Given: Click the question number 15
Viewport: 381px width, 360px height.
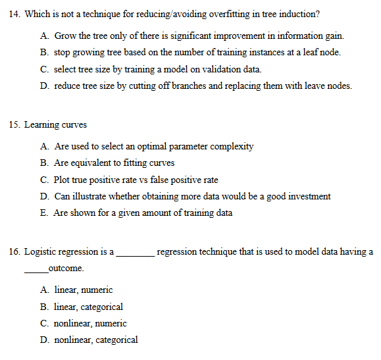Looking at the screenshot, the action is point(14,124).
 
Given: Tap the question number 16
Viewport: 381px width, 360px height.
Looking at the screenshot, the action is point(14,251).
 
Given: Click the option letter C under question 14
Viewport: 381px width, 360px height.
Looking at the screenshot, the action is point(43,69).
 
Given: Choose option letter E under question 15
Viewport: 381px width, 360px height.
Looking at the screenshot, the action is point(43,213).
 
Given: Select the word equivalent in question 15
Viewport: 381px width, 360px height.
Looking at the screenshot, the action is point(93,163).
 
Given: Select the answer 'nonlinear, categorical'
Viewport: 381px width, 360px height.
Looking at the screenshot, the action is point(96,340).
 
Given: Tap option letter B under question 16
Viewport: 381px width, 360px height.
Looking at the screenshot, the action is point(43,307).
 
